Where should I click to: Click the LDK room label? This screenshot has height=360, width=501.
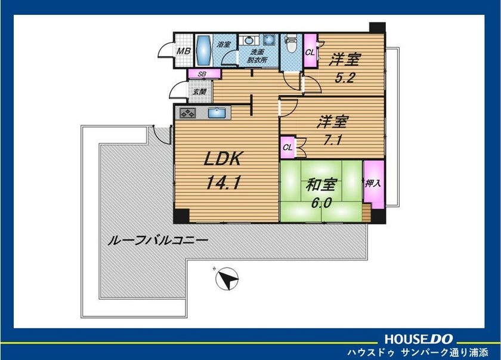pos(223,159)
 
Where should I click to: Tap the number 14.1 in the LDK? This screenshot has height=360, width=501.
pos(223,183)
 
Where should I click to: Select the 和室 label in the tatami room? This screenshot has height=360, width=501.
pos(321,185)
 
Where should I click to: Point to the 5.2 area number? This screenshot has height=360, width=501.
pos(345,78)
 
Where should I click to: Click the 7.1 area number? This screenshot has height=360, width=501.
pos(333,140)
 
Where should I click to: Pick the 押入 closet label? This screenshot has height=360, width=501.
pos(373,183)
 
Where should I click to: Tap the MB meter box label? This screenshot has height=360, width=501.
pos(184,51)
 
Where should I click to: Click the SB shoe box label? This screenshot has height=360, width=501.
pos(202,74)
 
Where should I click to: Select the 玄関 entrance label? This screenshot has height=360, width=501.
pos(199,92)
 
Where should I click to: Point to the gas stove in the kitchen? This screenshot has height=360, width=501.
pos(187,113)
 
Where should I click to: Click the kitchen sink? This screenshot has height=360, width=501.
pos(217,113)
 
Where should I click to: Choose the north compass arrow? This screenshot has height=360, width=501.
pos(227,279)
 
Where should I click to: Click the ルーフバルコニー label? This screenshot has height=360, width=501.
pos(158,241)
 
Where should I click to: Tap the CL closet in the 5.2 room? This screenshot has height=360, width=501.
pos(310,51)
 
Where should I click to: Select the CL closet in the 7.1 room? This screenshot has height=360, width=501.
pos(287,147)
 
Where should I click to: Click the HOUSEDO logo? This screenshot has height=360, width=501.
pos(419,339)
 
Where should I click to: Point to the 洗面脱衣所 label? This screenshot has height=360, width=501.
pos(257,56)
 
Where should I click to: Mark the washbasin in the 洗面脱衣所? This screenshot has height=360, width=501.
pos(249,40)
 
